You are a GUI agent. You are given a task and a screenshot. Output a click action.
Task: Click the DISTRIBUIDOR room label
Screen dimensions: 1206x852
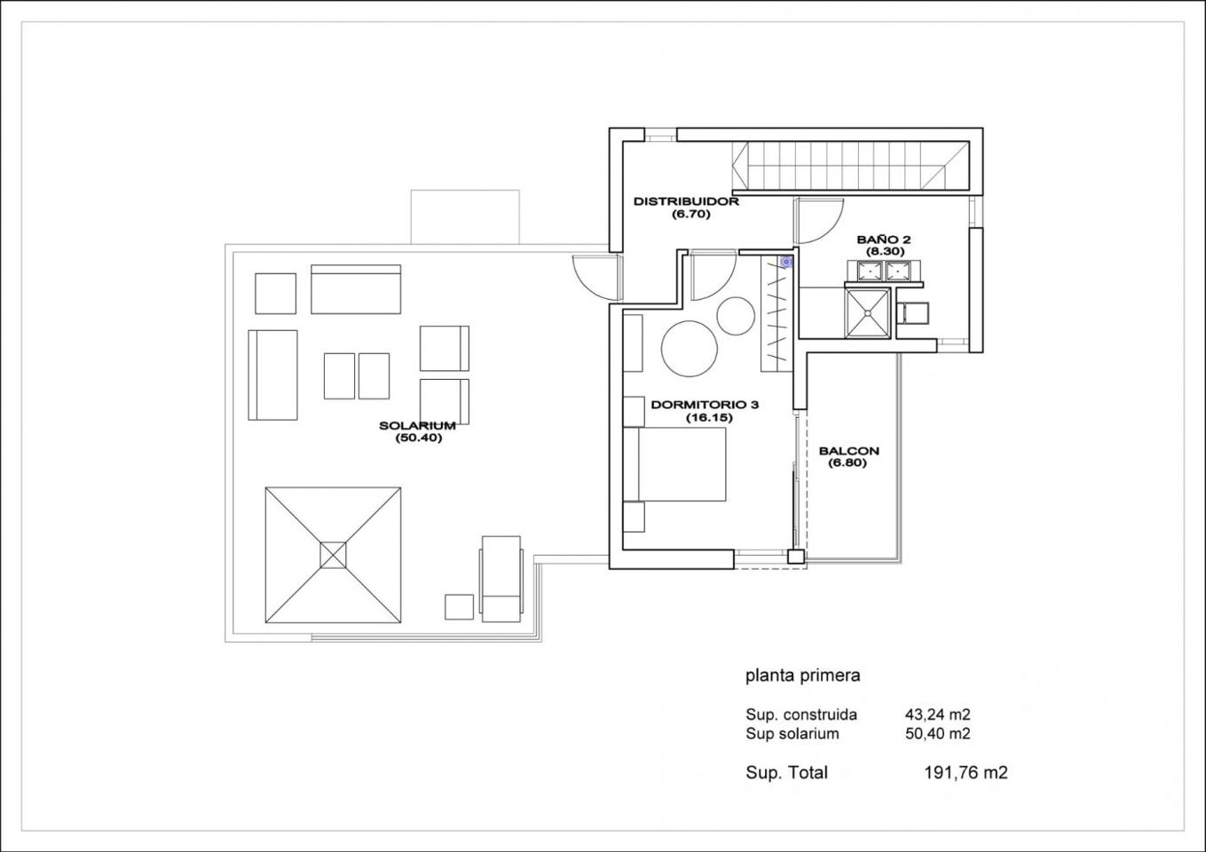(686, 202)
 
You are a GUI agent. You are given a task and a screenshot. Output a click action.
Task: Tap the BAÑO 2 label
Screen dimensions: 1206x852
(884, 240)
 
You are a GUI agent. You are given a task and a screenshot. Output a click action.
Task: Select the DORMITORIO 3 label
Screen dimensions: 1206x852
(705, 405)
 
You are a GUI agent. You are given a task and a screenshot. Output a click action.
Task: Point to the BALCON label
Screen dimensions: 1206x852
(849, 452)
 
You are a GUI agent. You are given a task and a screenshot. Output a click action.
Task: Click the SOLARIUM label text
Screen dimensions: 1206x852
(417, 426)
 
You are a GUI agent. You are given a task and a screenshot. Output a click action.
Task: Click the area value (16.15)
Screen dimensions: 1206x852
(709, 417)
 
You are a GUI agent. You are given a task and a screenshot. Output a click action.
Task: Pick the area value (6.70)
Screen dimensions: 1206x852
(690, 215)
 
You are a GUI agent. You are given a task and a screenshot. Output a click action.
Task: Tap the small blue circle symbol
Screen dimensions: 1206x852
(786, 263)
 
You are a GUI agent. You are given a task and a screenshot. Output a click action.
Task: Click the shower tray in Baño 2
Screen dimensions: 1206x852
(867, 313)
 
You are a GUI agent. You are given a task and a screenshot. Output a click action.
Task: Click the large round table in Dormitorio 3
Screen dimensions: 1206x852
(690, 349)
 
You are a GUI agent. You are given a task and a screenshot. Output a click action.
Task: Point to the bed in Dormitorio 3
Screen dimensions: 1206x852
(674, 464)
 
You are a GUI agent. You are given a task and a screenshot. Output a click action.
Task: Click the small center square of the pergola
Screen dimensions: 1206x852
(334, 556)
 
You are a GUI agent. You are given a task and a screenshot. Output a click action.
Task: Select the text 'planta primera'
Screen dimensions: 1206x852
(803, 676)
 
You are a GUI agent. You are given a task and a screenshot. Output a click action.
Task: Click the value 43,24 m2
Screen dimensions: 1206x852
(937, 714)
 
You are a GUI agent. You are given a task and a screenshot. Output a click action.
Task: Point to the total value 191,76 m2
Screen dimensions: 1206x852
(966, 773)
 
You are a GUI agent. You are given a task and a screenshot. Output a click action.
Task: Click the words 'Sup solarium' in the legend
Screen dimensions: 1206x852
(792, 733)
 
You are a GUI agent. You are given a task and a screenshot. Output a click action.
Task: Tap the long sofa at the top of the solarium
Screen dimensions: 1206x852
(356, 289)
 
